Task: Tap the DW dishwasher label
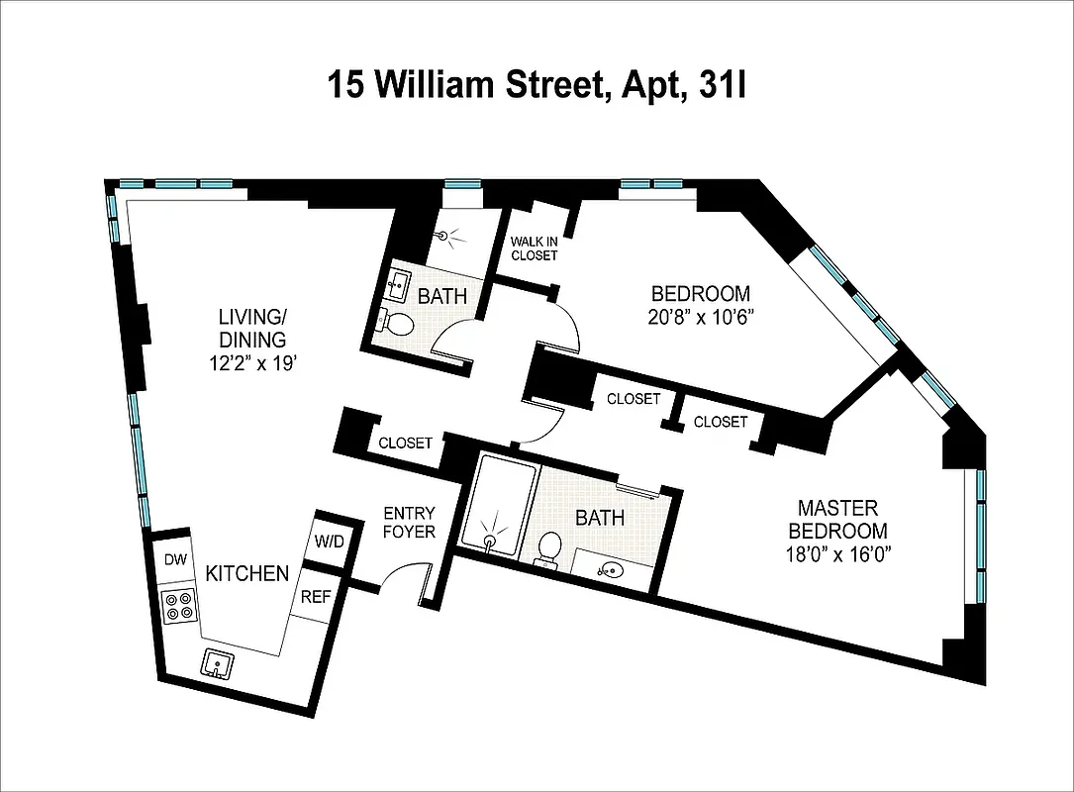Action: [175, 560]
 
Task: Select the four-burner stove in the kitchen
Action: [180, 605]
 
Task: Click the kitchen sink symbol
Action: [216, 662]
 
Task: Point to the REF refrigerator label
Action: [315, 597]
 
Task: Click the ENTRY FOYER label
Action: [409, 523]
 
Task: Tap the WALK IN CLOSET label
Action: [534, 248]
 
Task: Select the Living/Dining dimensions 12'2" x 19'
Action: [252, 362]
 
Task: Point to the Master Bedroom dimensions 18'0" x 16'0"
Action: [837, 554]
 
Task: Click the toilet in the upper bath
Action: [400, 323]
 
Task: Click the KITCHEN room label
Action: [247, 573]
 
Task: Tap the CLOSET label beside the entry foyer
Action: [406, 443]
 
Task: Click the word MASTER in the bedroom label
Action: [837, 508]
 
